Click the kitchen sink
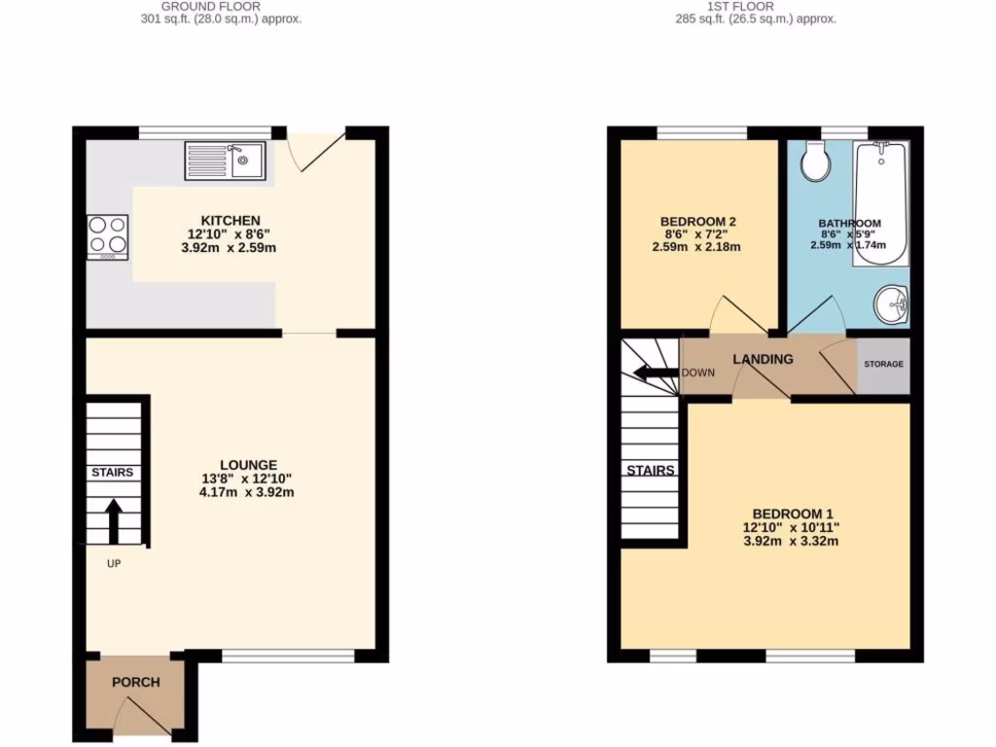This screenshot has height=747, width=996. [225, 160]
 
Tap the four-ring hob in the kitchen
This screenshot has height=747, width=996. [108, 235]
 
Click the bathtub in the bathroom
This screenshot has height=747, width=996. [879, 202]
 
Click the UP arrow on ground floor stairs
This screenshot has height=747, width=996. [114, 521]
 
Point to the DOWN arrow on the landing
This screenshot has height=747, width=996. [654, 373]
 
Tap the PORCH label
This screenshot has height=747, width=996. [136, 682]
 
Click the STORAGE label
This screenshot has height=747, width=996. [883, 364]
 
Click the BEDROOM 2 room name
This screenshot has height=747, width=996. [696, 222]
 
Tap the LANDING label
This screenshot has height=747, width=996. [763, 359]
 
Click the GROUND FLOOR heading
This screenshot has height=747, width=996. [210, 6]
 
